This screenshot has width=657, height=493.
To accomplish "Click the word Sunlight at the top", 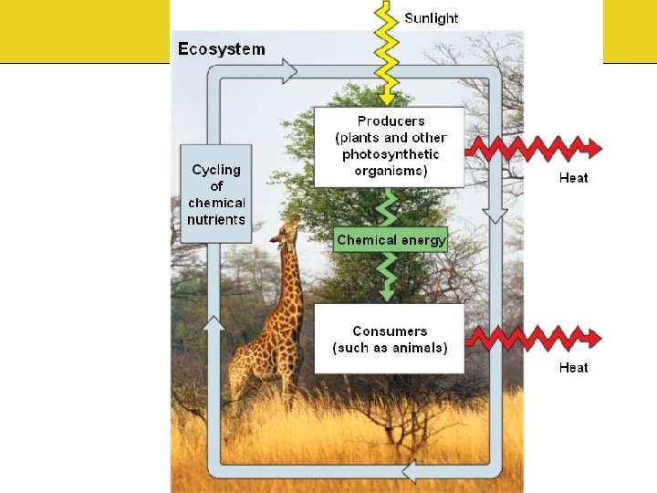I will click(431, 17).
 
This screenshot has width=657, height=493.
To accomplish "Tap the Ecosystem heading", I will click(222, 48).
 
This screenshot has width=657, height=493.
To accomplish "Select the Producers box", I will click(390, 146).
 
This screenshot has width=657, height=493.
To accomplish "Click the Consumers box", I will click(390, 339).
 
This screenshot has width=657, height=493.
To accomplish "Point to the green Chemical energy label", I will click(391, 240).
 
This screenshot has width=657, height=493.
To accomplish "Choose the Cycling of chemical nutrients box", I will click(216, 194).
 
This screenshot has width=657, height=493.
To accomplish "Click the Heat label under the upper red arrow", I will click(573, 178).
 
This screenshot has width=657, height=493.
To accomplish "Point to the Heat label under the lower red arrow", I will click(573, 368).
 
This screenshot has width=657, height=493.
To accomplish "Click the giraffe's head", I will click(286, 230).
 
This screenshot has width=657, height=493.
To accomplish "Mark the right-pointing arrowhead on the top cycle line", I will click(288, 70).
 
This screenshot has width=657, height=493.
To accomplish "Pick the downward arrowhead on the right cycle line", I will click(494, 215).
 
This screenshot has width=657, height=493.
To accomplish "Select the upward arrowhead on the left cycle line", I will click(214, 323).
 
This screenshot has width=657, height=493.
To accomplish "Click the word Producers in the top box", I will click(391, 121).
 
